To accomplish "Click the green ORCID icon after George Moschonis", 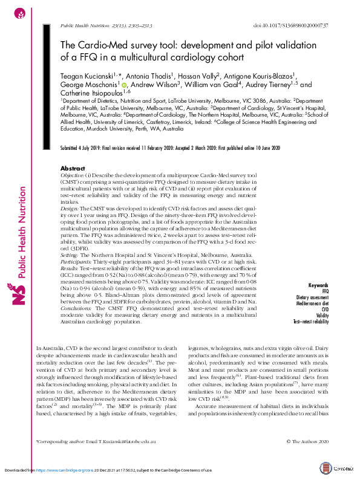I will click(124, 86).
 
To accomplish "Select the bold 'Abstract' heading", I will click(56, 168).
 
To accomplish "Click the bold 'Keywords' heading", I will click(318, 285).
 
